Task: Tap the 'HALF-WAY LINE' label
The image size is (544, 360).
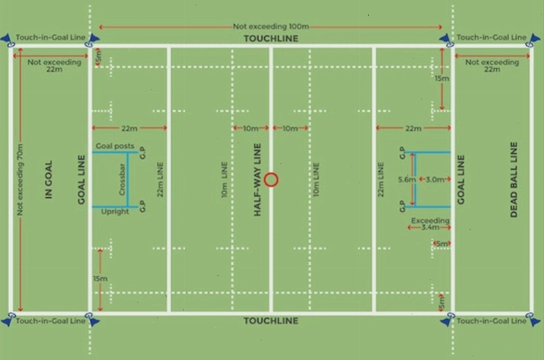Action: click(257, 180)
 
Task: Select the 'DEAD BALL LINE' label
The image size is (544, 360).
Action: click(514, 179)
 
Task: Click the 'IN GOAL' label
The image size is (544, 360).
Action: click(49, 179)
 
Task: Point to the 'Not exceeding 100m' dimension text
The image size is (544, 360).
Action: click(270, 27)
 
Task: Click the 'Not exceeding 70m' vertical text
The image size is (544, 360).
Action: click(20, 179)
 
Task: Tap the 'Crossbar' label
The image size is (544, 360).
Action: click(122, 179)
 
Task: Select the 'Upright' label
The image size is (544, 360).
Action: click(115, 211)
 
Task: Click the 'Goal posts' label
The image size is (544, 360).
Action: click(115, 146)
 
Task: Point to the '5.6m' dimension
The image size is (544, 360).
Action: click(406, 179)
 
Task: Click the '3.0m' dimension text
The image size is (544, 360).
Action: click(435, 179)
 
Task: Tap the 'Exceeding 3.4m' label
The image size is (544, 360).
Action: click(430, 224)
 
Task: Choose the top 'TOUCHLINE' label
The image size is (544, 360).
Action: click(271, 38)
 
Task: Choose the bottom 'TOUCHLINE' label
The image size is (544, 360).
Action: click(271, 321)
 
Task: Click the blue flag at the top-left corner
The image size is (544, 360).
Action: click(7, 40)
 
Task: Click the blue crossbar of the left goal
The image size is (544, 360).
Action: click(128, 179)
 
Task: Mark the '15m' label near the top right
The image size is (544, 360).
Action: click(441, 79)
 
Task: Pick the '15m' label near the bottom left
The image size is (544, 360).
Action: click(100, 279)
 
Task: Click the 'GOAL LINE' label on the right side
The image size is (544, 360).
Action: click(461, 179)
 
